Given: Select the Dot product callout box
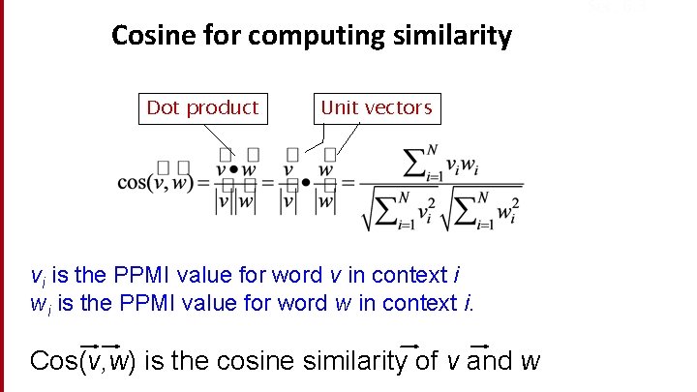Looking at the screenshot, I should click(x=202, y=107).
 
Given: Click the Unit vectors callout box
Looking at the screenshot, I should click(x=376, y=107).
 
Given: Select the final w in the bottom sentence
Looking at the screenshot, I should click(x=530, y=363).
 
